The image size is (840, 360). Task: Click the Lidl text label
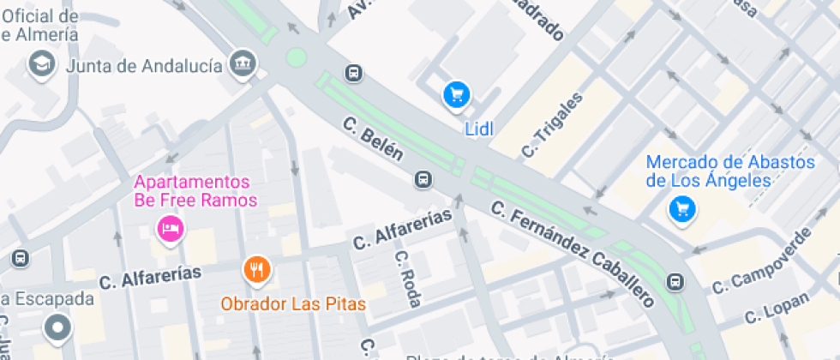[480, 129]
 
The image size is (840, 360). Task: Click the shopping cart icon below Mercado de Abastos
[682, 207]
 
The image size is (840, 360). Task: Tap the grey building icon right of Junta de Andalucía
[243, 62]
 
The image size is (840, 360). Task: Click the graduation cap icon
[40, 63]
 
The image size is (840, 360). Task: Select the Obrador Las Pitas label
[293, 303]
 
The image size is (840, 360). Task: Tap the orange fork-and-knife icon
[256, 271]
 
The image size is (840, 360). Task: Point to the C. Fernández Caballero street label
[573, 254]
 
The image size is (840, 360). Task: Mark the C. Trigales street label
[553, 124]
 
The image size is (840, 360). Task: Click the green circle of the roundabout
[296, 57]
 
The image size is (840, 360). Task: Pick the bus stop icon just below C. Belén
[423, 179]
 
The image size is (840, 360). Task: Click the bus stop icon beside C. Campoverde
[676, 281]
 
